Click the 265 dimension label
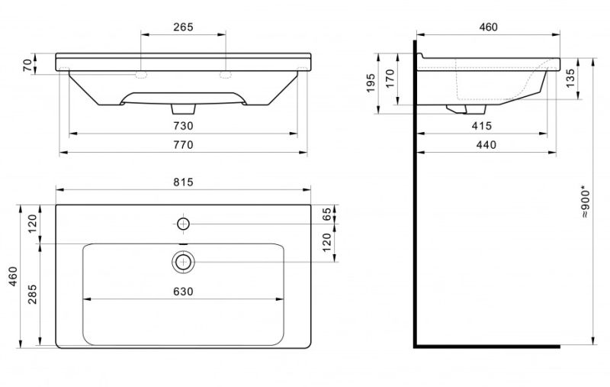(183, 27)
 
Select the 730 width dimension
(183, 126)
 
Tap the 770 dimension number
(183, 145)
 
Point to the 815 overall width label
(183, 182)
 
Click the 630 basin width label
(183, 292)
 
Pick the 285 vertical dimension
(32, 295)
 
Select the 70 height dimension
(27, 65)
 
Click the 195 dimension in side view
(371, 83)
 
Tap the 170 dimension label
(390, 79)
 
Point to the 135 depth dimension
(570, 79)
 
